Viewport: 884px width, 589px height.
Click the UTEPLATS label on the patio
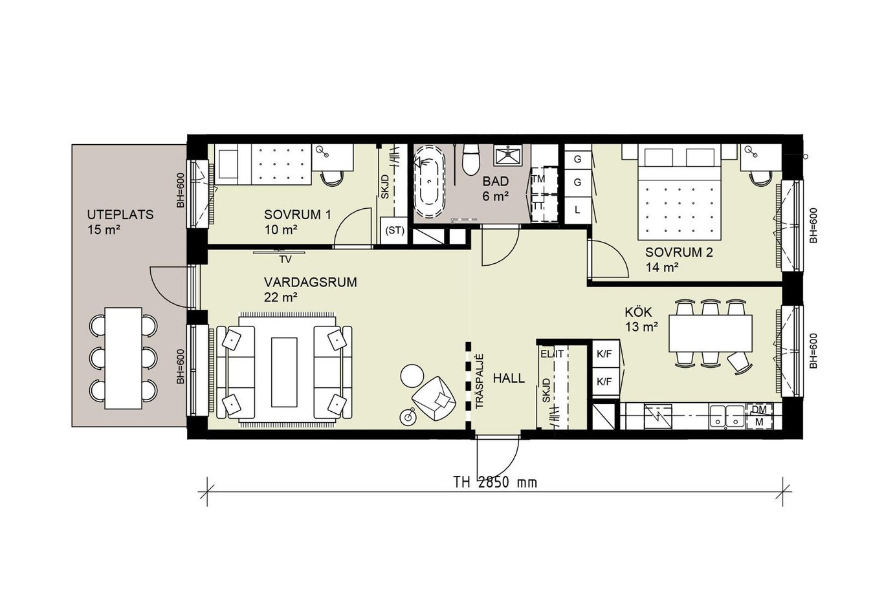pos(120,215)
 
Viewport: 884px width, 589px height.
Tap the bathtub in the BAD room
pos(429,181)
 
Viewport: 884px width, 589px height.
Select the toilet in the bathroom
pos(471,159)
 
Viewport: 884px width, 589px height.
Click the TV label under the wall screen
pos(285,259)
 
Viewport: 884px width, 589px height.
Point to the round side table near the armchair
pos(412,376)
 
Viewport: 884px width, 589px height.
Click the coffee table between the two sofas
pos(284,372)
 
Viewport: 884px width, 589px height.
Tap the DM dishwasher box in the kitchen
pos(759,410)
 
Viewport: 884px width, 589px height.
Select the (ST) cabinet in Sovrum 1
pos(395,231)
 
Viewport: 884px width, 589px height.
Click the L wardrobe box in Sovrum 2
pos(577,210)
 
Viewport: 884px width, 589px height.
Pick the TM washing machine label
pos(538,179)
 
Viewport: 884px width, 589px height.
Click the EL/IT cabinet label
pos(552,354)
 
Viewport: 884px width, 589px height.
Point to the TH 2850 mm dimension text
pos(495,482)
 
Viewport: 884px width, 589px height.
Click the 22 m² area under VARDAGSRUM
pos(281,297)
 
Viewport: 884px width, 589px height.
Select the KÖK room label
pos(638,312)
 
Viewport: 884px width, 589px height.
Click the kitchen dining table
pos(711,333)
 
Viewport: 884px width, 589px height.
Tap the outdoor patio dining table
pos(124,358)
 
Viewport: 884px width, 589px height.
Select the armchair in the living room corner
pos(434,398)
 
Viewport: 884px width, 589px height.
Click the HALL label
pos(509,378)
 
